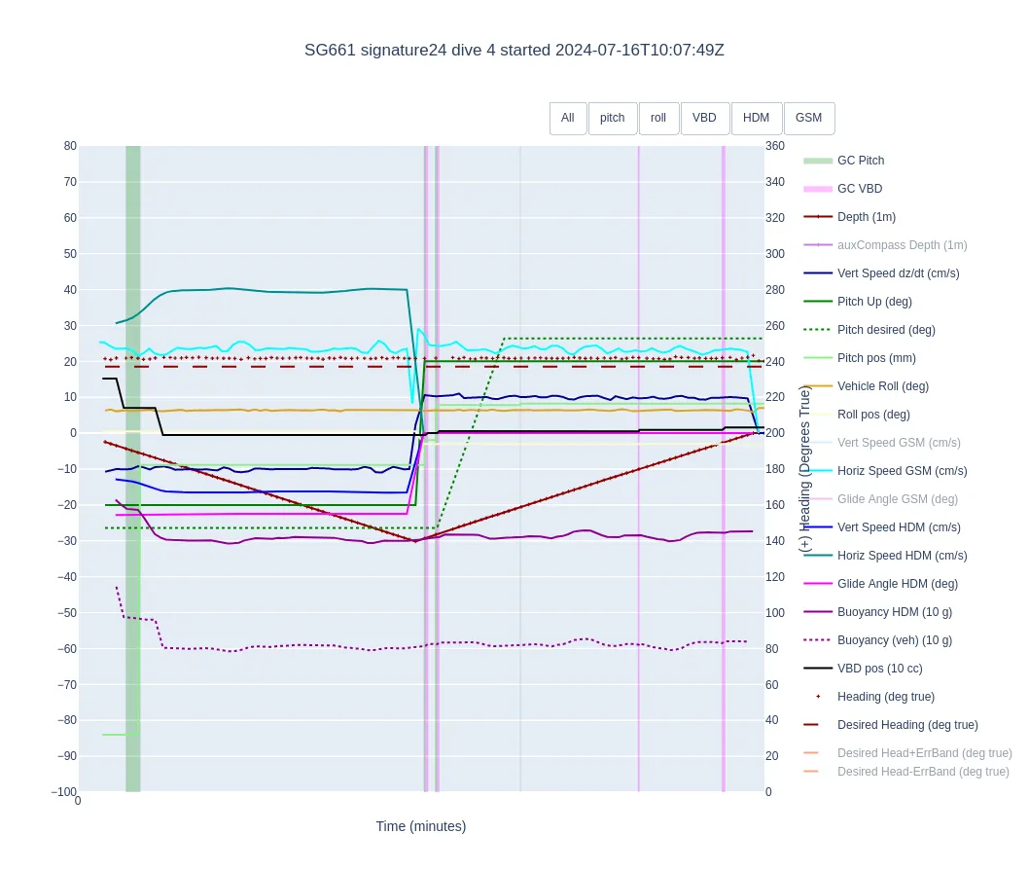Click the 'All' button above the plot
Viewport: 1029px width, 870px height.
567,118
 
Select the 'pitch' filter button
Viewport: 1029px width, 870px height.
613,118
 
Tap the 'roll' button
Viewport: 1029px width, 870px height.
658,118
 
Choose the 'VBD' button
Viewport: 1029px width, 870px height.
704,118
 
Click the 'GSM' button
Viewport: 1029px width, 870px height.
808,118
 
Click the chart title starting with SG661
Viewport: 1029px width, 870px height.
514,50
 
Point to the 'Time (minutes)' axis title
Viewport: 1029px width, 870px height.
420,826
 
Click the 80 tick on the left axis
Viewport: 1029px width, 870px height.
70,146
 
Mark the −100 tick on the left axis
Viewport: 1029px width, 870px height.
64,792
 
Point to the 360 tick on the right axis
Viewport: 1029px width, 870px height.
775,146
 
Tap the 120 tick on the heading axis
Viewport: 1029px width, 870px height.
775,577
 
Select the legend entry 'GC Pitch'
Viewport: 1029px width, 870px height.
860,161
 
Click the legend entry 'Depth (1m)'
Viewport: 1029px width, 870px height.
866,217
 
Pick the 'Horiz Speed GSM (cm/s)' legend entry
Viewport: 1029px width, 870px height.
902,471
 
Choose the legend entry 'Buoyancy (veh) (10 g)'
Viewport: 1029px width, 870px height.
894,640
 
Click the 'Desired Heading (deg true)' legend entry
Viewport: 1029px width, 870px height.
906,725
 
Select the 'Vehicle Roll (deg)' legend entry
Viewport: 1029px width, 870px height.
882,386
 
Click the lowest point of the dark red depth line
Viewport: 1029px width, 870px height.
416,541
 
